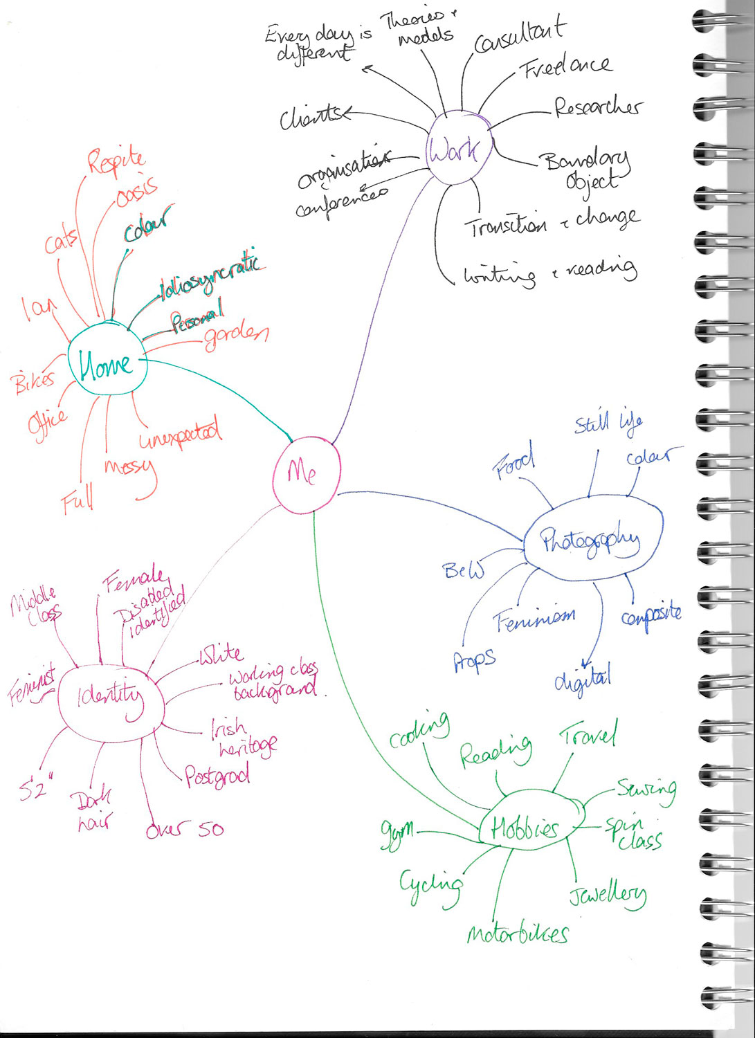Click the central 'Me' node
[306, 475]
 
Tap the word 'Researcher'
[597, 107]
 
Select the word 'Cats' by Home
[61, 242]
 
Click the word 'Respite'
[116, 161]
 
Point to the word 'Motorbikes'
[518, 935]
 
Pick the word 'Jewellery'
[608, 895]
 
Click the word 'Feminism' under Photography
[534, 619]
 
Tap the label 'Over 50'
[185, 829]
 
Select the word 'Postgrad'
[217, 776]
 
